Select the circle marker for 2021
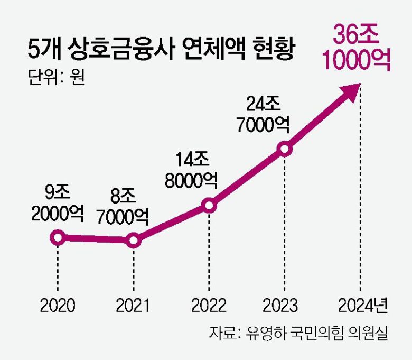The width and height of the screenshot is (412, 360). pyautogui.click(x=134, y=241)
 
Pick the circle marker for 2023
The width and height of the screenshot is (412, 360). pyautogui.click(x=285, y=149)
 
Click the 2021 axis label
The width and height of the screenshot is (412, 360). pyautogui.click(x=133, y=305)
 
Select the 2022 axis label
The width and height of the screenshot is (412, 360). pyautogui.click(x=209, y=305)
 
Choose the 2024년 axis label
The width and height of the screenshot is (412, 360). pyautogui.click(x=364, y=305)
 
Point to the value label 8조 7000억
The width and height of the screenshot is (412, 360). pyautogui.click(x=123, y=207)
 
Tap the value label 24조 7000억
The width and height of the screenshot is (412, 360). pyautogui.click(x=263, y=114)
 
